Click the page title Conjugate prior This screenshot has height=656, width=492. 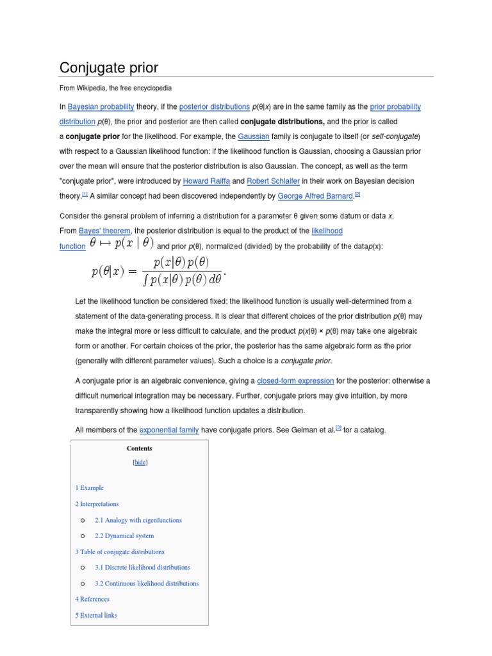click(x=109, y=67)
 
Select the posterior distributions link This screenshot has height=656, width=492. click(x=214, y=107)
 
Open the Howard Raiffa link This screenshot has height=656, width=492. click(x=206, y=181)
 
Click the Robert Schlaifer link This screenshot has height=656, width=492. click(x=274, y=181)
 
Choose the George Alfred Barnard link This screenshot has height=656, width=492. click(x=316, y=196)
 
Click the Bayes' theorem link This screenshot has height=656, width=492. click(x=104, y=231)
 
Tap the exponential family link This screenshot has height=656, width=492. click(x=169, y=430)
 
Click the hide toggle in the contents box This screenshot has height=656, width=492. click(x=140, y=462)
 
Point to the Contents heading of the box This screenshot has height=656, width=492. click(x=140, y=448)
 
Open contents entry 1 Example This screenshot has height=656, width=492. click(x=89, y=488)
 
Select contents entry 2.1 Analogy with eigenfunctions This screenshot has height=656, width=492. click(x=138, y=520)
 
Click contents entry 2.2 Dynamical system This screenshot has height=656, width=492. click(x=124, y=536)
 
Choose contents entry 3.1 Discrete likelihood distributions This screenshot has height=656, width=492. click(x=142, y=568)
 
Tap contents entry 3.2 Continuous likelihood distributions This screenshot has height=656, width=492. click(x=146, y=584)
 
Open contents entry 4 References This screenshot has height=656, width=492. click(x=92, y=599)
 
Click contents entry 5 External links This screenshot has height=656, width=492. click(x=96, y=615)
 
